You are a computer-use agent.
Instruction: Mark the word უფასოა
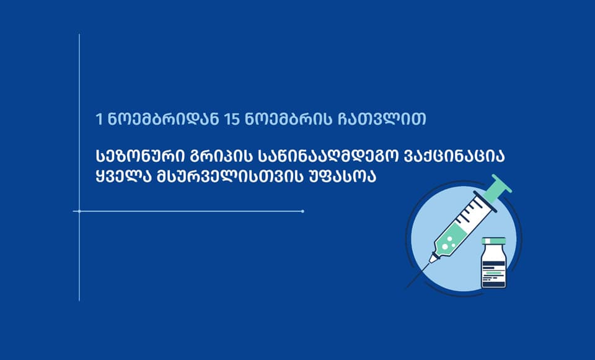[x=345, y=177]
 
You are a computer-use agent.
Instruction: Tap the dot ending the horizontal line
[x=302, y=211]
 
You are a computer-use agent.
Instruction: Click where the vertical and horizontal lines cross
[x=79, y=211]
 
